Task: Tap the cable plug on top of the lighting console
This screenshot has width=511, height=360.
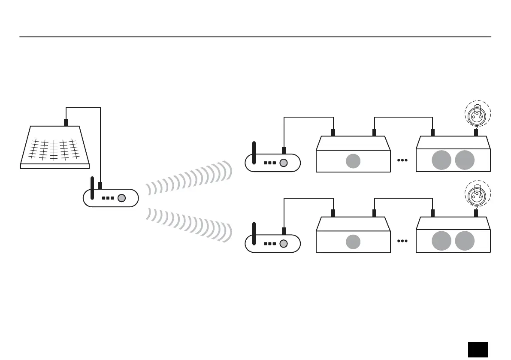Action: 66,122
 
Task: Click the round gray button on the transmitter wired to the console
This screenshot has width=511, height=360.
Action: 122,198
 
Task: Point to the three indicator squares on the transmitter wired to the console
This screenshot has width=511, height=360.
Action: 108,198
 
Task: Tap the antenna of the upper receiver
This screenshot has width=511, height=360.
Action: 254,153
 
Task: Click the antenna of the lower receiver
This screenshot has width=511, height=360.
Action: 254,233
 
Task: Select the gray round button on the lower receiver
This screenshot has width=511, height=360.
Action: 283,244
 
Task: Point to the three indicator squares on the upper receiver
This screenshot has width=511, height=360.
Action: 270,163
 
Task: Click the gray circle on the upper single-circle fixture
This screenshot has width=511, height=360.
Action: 353,161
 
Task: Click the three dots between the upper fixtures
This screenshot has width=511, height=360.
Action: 402,160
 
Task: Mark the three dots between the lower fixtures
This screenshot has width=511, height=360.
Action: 402,241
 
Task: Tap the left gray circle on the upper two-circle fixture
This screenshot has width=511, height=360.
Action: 441,160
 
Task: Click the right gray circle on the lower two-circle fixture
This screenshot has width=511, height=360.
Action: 465,241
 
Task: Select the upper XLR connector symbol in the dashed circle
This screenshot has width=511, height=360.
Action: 478,113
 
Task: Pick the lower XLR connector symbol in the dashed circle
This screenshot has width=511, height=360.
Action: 478,196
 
